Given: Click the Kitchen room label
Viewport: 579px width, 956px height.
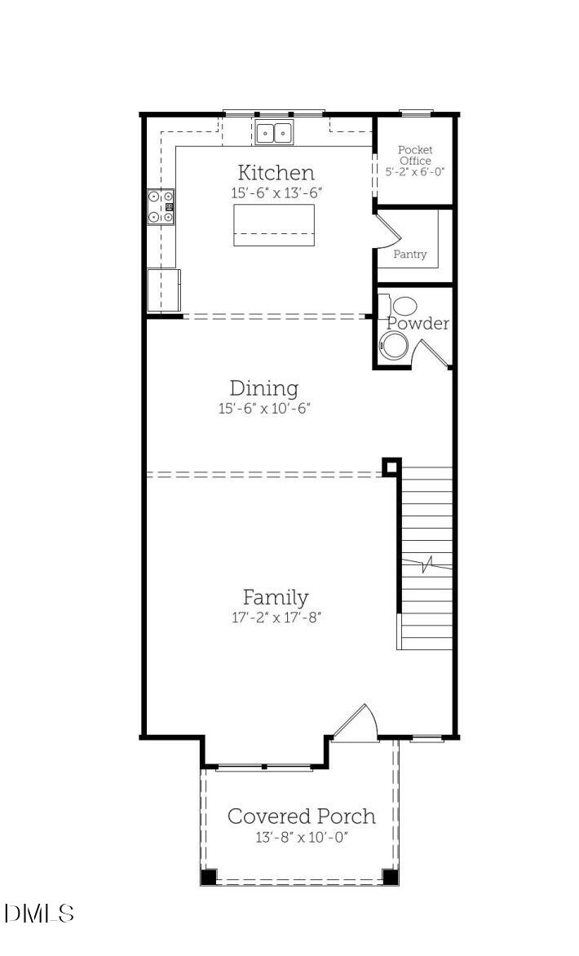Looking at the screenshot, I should point(276,173).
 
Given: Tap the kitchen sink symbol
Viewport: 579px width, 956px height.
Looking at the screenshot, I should point(274,133).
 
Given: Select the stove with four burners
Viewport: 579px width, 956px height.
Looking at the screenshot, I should point(161,206).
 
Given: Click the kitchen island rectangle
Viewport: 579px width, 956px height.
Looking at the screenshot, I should point(274,224).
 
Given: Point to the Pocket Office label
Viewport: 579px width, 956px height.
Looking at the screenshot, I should point(415,155).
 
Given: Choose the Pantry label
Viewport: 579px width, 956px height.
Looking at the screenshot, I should point(410,254).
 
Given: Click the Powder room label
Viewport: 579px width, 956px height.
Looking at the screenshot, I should point(418,324).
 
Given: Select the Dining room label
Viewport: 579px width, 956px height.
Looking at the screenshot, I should point(263,388).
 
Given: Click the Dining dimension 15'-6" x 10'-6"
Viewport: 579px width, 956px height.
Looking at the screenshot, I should point(264,409).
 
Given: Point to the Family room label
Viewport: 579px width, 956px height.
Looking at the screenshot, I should point(276,597).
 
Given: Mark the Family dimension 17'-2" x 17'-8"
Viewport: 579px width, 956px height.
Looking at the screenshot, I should point(276,617).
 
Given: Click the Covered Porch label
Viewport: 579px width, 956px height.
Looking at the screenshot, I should point(301,817).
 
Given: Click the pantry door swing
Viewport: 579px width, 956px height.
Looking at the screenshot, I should point(387,229).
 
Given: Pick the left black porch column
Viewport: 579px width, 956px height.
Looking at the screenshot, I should point(209,877).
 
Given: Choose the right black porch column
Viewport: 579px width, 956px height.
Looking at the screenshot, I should point(390,877).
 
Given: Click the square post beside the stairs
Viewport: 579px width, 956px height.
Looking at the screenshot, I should point(392,467).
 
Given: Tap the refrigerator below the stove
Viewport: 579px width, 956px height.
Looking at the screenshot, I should point(163,289).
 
